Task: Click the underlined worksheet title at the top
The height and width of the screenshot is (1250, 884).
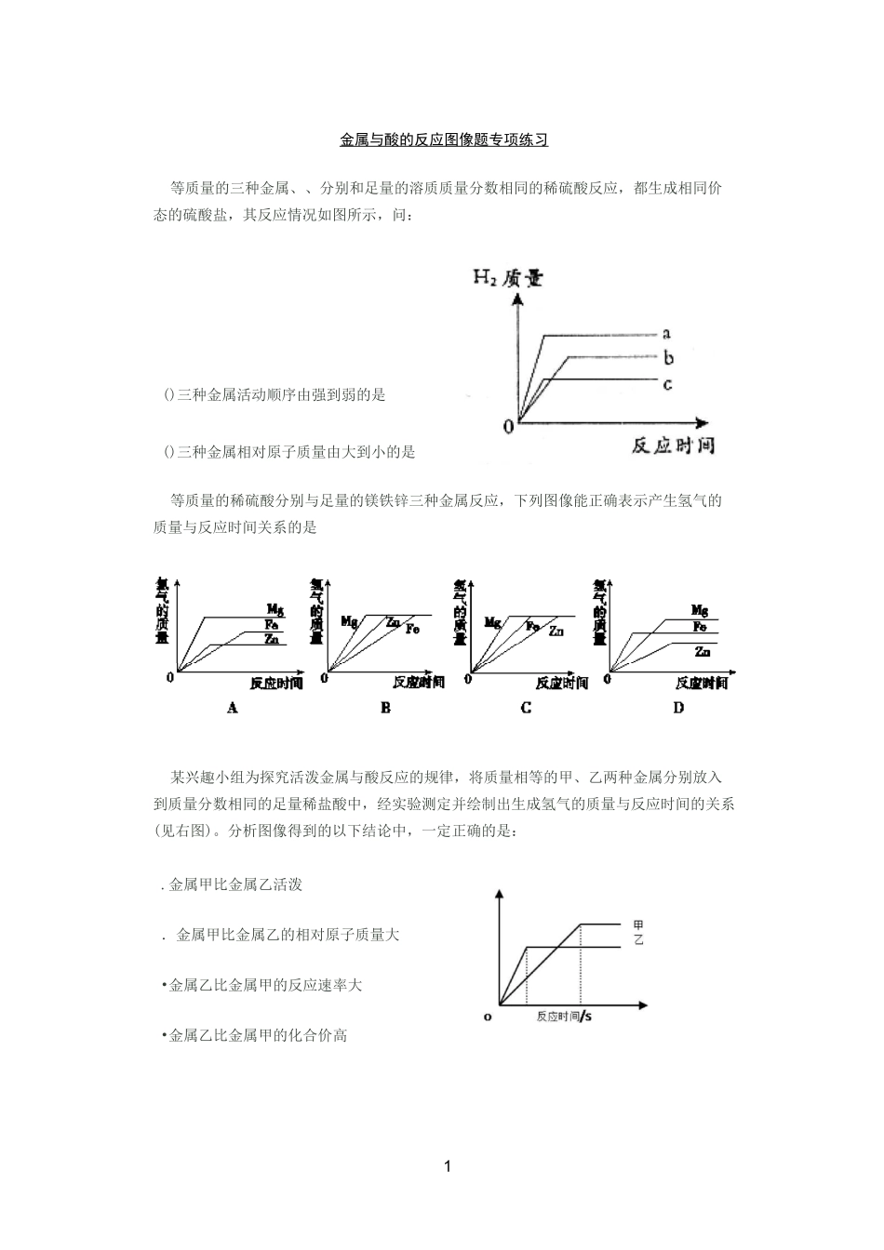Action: [443, 140]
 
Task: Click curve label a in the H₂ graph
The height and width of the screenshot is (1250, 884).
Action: [666, 333]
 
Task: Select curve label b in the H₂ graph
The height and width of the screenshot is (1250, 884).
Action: [668, 358]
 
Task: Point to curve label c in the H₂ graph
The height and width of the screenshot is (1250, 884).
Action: [666, 382]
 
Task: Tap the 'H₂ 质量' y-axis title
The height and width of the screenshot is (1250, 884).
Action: [507, 277]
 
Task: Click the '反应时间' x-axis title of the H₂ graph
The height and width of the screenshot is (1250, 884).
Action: [673, 445]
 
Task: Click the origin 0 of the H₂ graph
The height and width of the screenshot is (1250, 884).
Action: [509, 427]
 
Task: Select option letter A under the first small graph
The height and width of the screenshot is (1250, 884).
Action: [233, 708]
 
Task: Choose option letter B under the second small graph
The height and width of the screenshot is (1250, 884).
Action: [385, 708]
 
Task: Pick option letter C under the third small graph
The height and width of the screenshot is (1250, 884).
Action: [526, 708]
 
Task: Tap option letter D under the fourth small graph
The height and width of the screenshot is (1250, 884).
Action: [678, 708]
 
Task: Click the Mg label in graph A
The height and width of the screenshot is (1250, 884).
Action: [275, 610]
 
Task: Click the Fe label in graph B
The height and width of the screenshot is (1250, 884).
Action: [411, 629]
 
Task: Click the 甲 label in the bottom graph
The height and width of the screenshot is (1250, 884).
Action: [638, 924]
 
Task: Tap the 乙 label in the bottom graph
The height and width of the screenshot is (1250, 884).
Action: [638, 940]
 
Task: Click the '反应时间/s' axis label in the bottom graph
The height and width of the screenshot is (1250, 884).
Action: [564, 1017]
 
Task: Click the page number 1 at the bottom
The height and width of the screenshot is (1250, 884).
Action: [447, 1166]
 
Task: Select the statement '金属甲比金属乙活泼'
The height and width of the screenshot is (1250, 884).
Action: [235, 885]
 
